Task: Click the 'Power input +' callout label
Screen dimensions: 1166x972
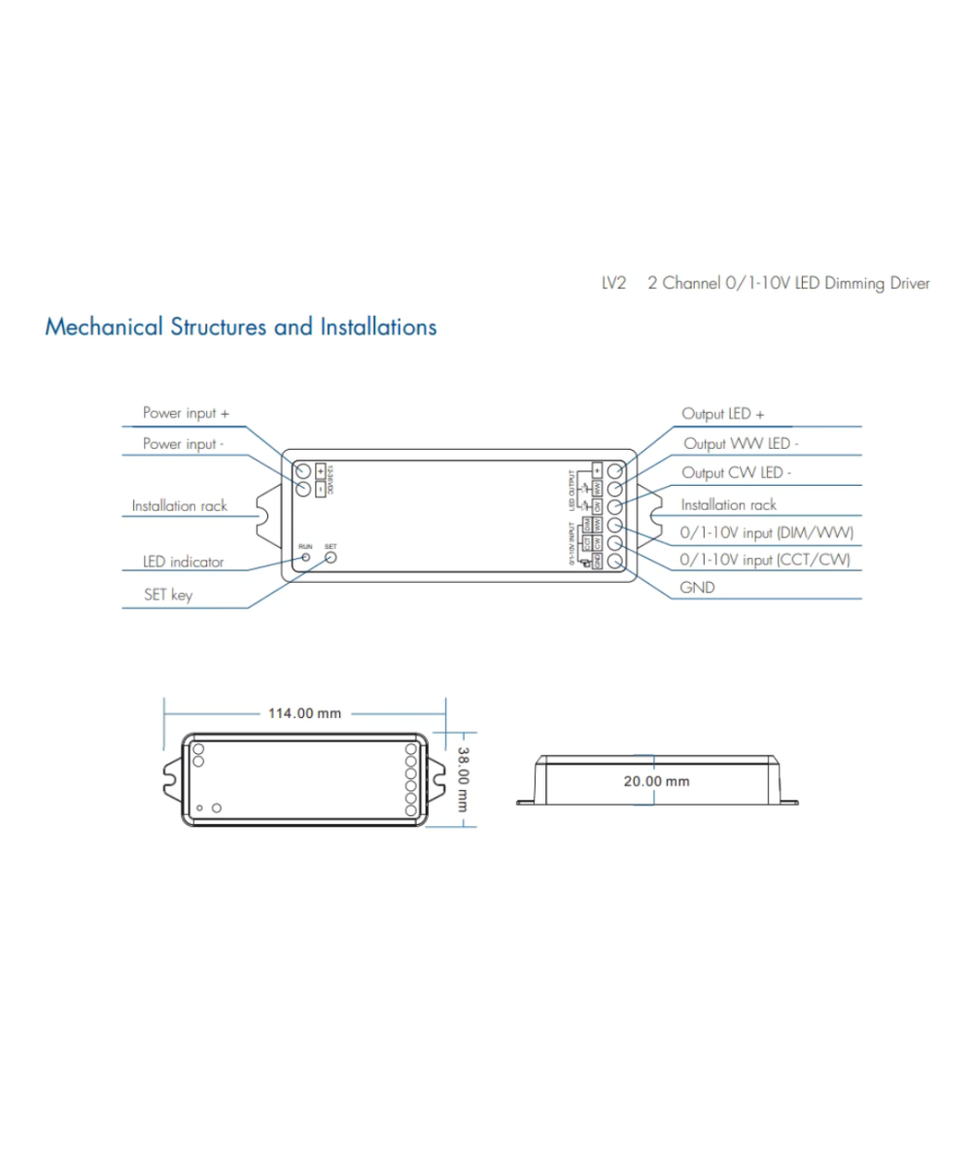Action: point(186,413)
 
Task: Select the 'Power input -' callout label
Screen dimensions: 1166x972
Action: point(184,443)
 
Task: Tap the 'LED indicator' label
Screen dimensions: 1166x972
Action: point(183,562)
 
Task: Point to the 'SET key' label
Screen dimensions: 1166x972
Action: point(167,595)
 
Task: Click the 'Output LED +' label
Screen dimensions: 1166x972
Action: point(722,413)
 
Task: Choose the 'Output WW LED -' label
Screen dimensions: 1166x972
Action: point(741,443)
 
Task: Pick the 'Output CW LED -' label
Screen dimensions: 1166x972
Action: point(736,473)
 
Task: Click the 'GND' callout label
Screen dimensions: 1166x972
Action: point(697,588)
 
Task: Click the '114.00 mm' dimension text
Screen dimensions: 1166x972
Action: point(304,713)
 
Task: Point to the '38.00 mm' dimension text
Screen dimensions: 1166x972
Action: point(464,778)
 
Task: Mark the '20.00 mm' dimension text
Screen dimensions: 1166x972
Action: point(655,780)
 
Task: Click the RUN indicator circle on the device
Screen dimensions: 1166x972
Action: point(305,558)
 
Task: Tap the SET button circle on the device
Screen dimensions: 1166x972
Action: point(330,558)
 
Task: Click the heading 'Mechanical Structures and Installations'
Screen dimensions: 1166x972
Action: point(240,326)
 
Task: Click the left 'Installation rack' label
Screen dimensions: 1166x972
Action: point(179,506)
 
